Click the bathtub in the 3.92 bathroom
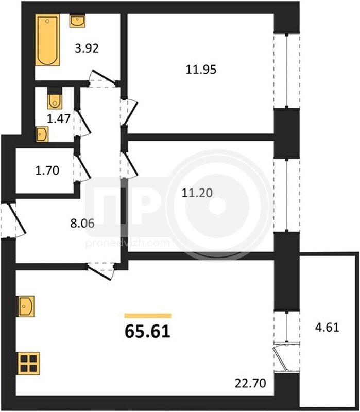point(47,40)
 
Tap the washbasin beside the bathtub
point(77,21)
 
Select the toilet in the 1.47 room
point(55,98)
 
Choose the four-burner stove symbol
point(29,364)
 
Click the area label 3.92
point(87,48)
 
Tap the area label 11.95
point(201,70)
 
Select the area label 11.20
point(197,193)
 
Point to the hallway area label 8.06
point(82,224)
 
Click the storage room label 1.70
point(47,170)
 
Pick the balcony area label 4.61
point(327,328)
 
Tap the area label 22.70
point(250,383)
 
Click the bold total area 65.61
point(148,332)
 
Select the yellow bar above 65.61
point(148,316)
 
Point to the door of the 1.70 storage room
point(82,168)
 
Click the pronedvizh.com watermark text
point(127,243)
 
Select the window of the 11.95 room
point(287,71)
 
